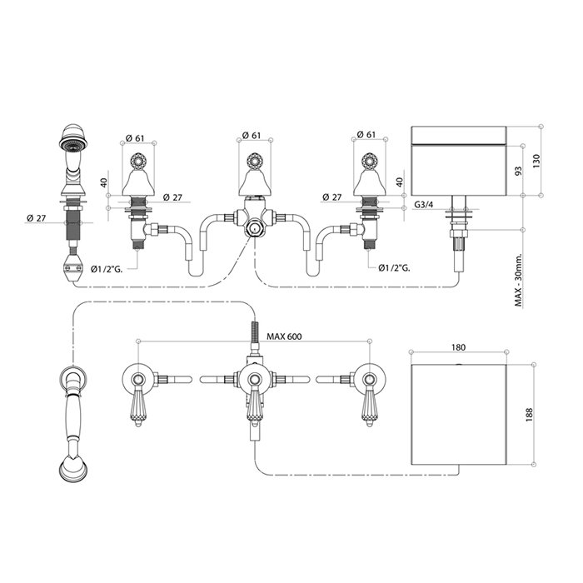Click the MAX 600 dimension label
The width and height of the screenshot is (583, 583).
pos(285,336)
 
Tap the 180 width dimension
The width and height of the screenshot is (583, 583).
pos(458,347)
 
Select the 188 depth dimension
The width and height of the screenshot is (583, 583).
pos(530,415)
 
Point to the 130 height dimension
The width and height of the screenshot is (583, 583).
pos(536,161)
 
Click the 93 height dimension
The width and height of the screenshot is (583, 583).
pos(518,170)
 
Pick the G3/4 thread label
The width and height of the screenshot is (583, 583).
pos(424,205)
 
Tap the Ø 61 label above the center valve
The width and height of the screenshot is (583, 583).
pos(252,135)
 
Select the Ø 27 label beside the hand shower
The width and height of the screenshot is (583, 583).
pos(37,218)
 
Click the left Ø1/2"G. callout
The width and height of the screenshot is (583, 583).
pos(107,268)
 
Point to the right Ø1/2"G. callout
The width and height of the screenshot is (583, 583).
pos(395,267)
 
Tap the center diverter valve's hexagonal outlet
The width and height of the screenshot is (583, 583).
pos(254,229)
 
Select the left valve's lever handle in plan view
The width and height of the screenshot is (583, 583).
pos(137,407)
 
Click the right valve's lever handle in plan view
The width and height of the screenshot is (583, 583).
pos(369,407)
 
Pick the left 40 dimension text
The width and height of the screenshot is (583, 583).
pos(104,182)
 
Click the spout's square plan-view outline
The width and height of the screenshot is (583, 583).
pos(459,415)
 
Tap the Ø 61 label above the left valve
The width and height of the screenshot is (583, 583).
pos(135,137)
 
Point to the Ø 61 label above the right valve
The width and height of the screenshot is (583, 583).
pos(366,134)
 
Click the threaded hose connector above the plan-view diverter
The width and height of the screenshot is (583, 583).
pos(255,331)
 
